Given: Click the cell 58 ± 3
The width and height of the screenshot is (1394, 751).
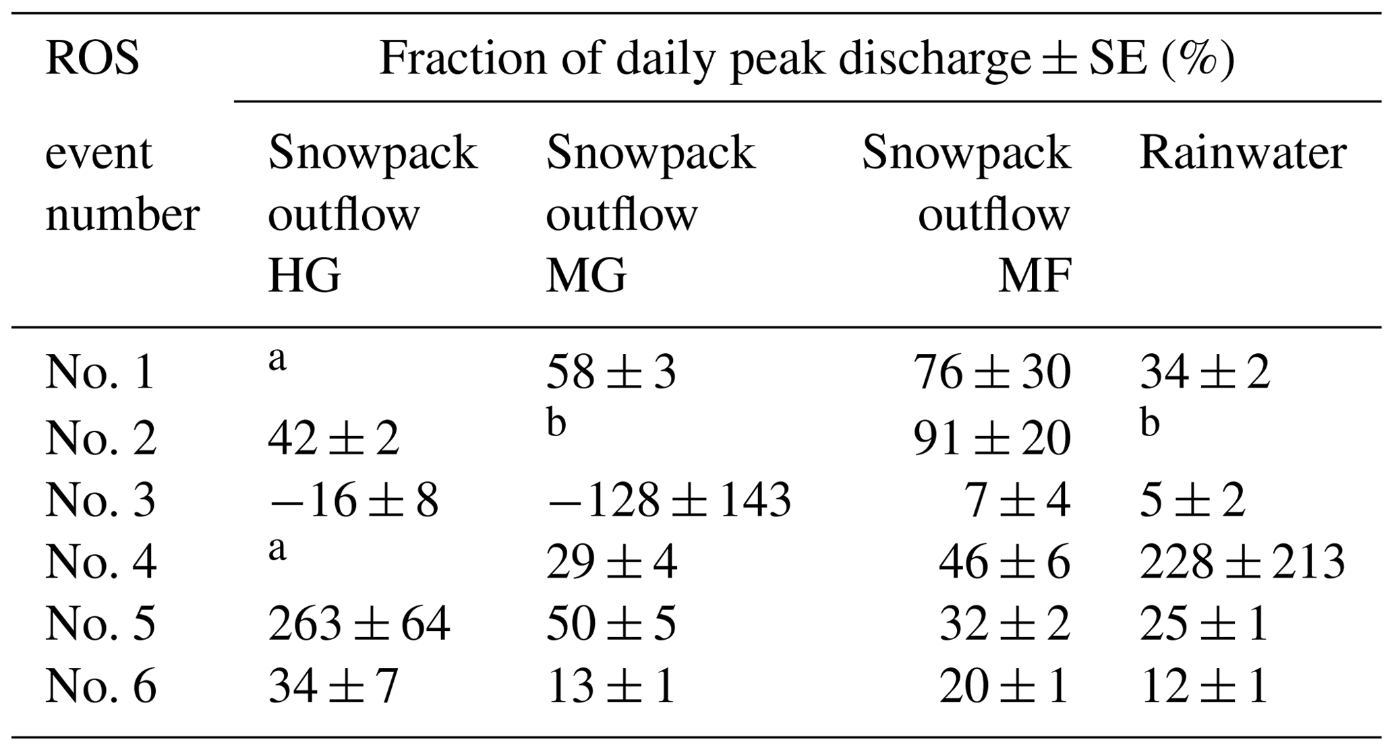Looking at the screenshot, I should [x=610, y=373].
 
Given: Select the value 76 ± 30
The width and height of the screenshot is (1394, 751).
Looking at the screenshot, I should [x=992, y=373].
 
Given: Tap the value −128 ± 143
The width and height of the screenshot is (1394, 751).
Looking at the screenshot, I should [x=668, y=501].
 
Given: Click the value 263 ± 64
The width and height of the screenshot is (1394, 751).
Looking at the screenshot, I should [x=359, y=624].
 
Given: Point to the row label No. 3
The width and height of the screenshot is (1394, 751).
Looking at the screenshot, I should [x=100, y=501].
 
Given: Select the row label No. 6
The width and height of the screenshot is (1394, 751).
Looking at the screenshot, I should [x=100, y=687].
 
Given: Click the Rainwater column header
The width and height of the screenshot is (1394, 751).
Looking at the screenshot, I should [x=1242, y=153].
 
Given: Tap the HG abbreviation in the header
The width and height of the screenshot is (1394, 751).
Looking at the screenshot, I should [x=304, y=276].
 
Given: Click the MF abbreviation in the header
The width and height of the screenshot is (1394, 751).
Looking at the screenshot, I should [x=1035, y=276].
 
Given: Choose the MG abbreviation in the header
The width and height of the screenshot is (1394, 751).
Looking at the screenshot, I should [x=585, y=276].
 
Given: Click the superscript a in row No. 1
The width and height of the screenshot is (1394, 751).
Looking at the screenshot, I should [x=277, y=359].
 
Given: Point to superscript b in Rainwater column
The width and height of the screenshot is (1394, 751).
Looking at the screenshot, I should [x=1150, y=423].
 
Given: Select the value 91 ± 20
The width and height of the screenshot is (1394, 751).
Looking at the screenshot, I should [x=992, y=438].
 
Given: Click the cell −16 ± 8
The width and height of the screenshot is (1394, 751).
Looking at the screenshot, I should [x=353, y=501].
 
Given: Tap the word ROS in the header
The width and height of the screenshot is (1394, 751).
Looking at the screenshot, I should [x=92, y=59].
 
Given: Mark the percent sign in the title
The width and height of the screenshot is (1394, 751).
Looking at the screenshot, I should [x=1197, y=59].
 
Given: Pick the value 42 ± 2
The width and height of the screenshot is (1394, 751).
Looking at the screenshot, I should [x=333, y=438].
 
